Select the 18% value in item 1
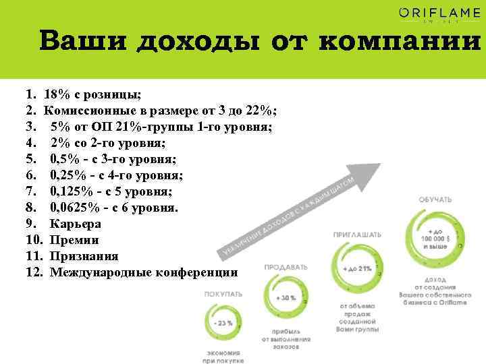[x=59, y=94]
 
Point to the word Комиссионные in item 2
[x=88, y=111]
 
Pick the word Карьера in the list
[x=76, y=224]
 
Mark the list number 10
[x=34, y=240]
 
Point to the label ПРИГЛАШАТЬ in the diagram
[x=357, y=235]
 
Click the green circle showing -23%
[x=222, y=324]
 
